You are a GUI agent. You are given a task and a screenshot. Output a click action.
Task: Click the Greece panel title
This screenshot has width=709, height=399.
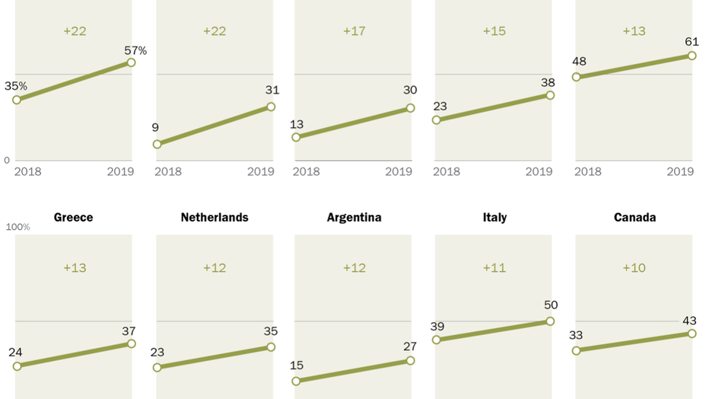[73, 217]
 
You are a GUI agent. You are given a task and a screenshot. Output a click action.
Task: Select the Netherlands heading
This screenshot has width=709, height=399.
[215, 217]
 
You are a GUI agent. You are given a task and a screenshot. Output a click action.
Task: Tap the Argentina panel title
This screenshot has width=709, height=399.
[354, 217]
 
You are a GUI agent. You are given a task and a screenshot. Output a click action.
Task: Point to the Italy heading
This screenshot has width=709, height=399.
[494, 217]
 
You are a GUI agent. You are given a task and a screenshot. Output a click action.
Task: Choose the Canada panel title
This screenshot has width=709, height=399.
[634, 217]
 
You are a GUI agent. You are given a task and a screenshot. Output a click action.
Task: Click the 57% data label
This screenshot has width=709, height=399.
[135, 50]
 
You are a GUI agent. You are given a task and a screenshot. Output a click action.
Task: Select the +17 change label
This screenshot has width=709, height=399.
[354, 31]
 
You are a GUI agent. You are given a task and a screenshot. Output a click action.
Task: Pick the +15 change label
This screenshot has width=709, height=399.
[494, 31]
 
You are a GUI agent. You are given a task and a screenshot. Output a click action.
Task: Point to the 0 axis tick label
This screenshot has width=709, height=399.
[7, 161]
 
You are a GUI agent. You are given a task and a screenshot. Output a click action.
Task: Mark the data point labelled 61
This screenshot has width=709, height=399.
[692, 56]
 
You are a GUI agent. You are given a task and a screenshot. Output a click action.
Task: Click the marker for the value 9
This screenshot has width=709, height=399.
[157, 144]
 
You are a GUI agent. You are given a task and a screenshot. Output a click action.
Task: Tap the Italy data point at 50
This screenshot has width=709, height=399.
[550, 321]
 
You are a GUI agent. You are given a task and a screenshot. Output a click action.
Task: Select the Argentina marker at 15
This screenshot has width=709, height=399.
[297, 381]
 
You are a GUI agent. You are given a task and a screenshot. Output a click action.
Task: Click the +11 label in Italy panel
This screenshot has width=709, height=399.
[494, 268]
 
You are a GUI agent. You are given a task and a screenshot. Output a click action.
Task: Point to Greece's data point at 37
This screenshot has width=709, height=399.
[131, 343]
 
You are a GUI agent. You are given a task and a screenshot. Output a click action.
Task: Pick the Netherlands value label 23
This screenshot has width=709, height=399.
[157, 353]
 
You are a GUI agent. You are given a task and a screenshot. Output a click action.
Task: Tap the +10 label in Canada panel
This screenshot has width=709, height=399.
[634, 268]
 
